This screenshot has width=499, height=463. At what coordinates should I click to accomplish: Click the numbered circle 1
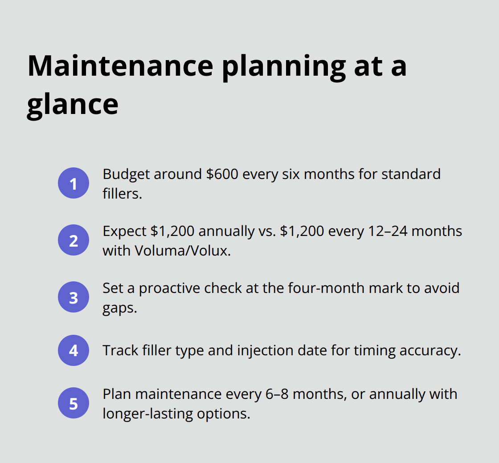[x=74, y=183]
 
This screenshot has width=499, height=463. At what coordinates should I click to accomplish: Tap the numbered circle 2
[x=74, y=240]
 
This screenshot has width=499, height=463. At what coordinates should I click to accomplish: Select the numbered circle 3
[x=74, y=297]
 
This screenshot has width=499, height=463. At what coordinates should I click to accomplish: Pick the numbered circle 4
[x=74, y=350]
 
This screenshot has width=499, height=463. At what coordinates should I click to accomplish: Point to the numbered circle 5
[x=74, y=403]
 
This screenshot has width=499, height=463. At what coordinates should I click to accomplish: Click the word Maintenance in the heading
[x=120, y=65]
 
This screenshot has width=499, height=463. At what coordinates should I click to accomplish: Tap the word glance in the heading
[x=73, y=104]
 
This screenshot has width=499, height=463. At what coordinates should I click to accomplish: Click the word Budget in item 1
[x=126, y=174]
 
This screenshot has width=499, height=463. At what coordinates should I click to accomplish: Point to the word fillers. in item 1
[x=122, y=194]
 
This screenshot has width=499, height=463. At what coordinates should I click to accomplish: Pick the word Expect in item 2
[x=124, y=231]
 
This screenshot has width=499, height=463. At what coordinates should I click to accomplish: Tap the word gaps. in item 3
[x=119, y=308]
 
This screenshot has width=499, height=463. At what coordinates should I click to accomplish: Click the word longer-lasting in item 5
[x=145, y=414]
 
